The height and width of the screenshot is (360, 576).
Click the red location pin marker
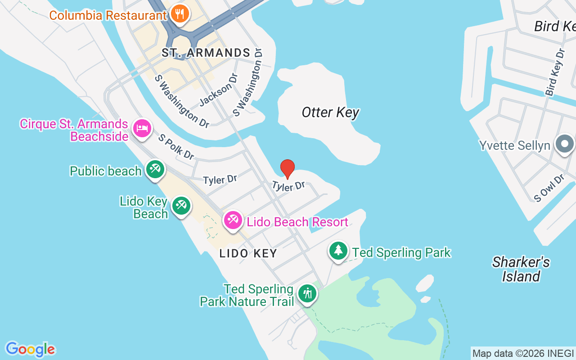[288, 169]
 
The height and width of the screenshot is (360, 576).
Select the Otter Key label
[330, 112]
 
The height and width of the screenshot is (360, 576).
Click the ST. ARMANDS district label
[206, 53]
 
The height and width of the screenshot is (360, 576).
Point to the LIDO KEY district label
[248, 253]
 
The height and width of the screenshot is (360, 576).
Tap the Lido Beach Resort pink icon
[233, 220]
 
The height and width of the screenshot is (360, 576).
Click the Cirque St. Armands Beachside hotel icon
[142, 129]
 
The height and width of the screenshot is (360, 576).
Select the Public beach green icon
[155, 170]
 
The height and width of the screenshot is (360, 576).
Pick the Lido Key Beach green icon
[181, 206]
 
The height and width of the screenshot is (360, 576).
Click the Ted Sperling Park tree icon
[338, 251]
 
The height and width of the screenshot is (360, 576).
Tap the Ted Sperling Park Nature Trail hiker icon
[307, 293]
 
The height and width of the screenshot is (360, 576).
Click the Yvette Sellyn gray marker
[564, 145]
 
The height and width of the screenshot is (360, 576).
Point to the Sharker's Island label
[521, 269]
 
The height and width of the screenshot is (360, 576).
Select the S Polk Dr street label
[176, 147]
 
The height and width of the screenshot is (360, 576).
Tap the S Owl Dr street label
[549, 188]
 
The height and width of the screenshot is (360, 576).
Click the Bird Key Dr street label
[555, 72]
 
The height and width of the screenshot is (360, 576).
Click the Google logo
[30, 349]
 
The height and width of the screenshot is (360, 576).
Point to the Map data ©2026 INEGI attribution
[523, 353]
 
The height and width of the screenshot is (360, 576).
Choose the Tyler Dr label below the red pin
[288, 186]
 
